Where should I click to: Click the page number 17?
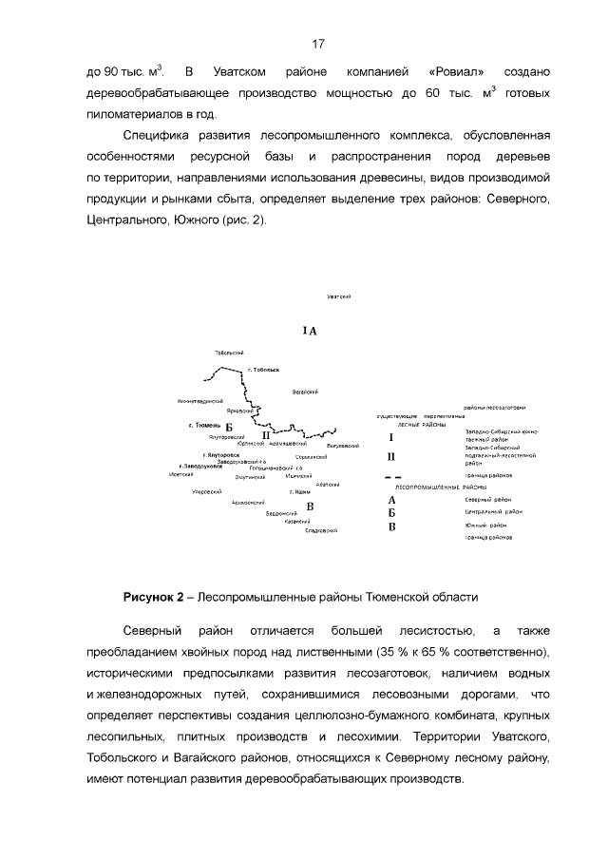[318, 43]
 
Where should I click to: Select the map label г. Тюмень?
[205, 425]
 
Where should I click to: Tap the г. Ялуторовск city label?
[221, 455]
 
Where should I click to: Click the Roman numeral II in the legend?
[391, 456]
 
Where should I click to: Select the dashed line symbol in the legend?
[397, 475]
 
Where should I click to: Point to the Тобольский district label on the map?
[231, 353]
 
